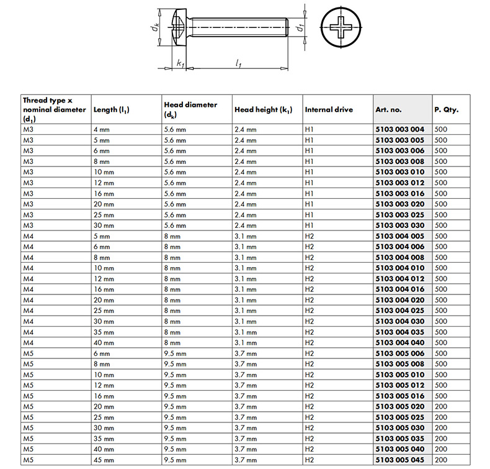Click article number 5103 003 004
pyautogui.click(x=400, y=129)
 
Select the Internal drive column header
pyautogui.click(x=329, y=109)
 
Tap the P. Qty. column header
pyautogui.click(x=446, y=109)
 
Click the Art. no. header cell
pyautogui.click(x=389, y=109)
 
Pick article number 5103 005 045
pyautogui.click(x=400, y=460)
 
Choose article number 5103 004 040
pyautogui.click(x=400, y=343)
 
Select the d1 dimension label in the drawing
pyautogui.click(x=299, y=28)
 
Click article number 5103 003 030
pyautogui.click(x=400, y=225)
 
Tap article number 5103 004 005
pyautogui.click(x=400, y=236)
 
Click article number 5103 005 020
pyautogui.click(x=400, y=406)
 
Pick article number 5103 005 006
pyautogui.click(x=400, y=353)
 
